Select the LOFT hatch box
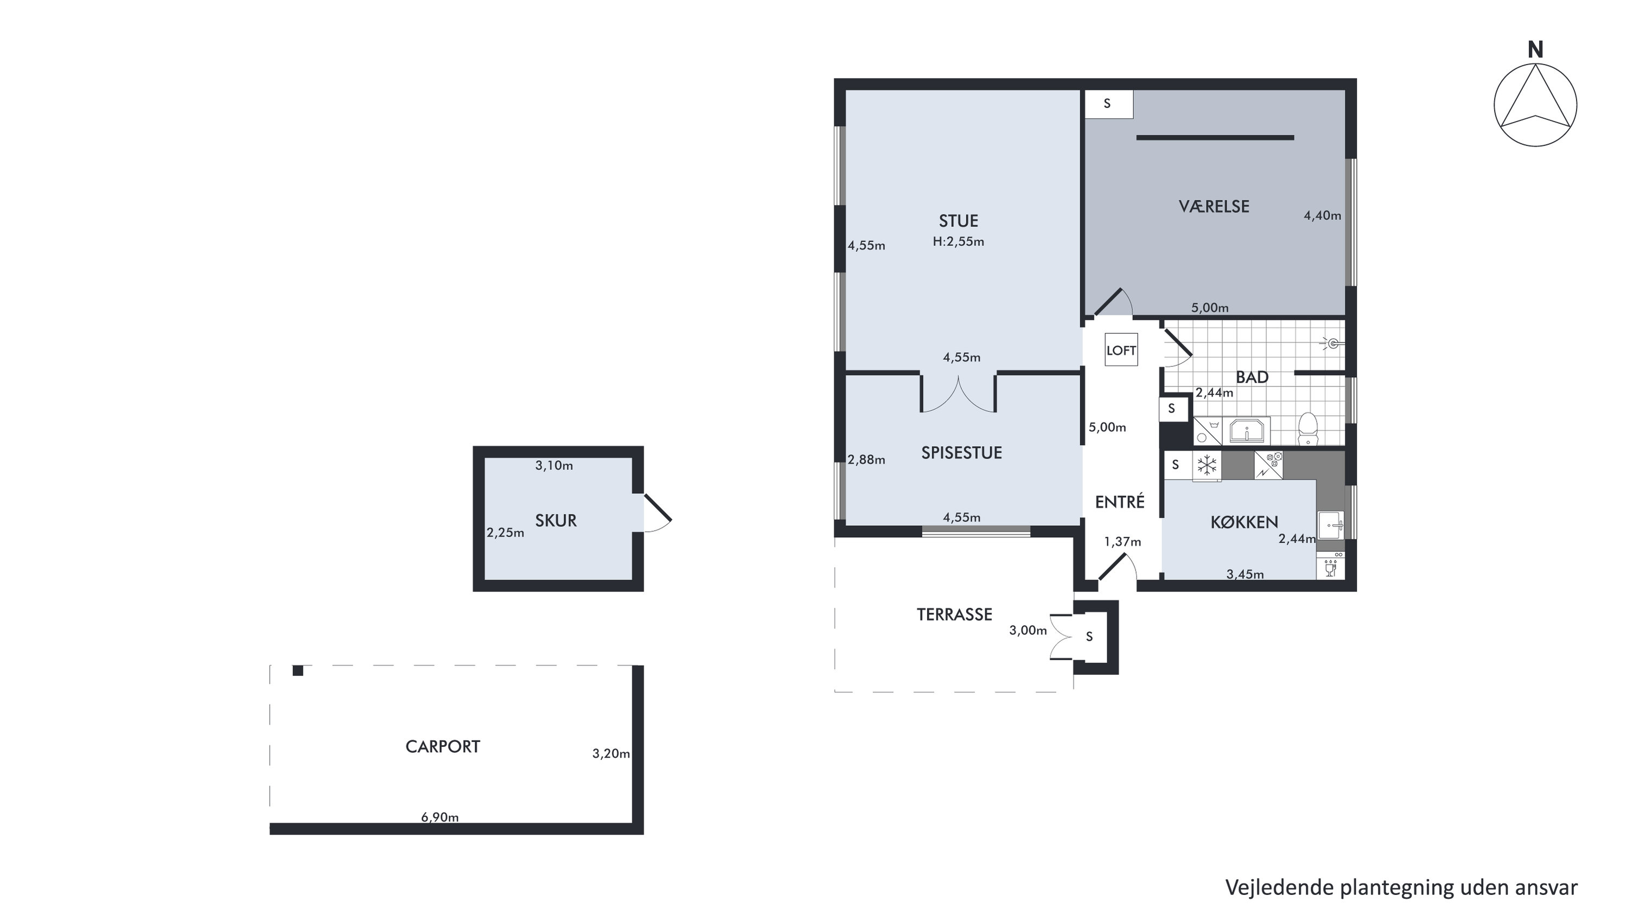click(x=1121, y=350)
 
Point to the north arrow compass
click(x=1535, y=105)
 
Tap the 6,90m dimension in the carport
click(x=439, y=817)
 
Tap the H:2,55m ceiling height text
click(x=958, y=242)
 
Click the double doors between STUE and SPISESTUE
click(x=958, y=395)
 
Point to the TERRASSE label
click(x=954, y=614)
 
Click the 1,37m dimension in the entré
click(x=1122, y=542)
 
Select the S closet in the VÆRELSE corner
click(x=1108, y=104)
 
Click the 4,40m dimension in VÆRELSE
click(x=1323, y=215)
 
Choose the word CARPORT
click(x=443, y=746)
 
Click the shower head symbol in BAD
click(x=1332, y=344)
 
